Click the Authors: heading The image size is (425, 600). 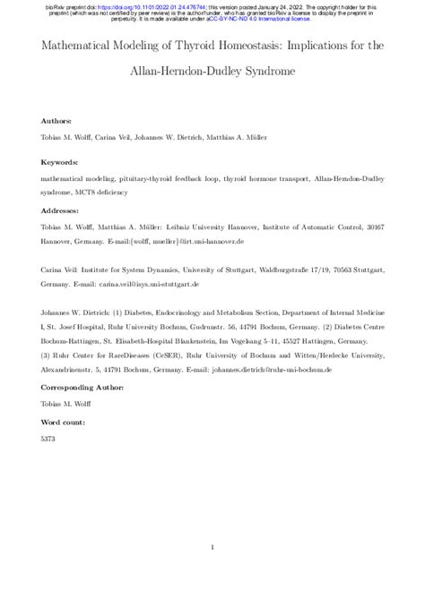[56, 119]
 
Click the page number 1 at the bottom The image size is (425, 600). [212, 548]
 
